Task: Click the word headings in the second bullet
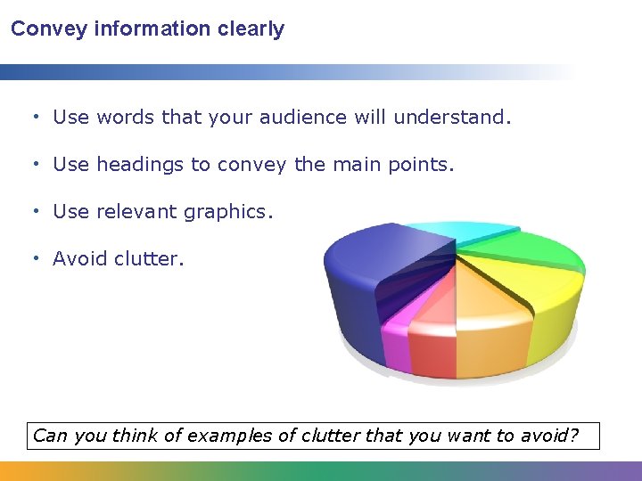(131, 164)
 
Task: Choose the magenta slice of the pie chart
(394, 338)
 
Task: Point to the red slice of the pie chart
(432, 347)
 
